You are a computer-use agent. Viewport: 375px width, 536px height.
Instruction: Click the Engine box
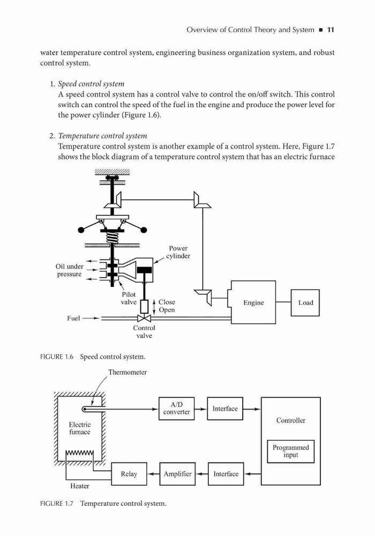(253, 302)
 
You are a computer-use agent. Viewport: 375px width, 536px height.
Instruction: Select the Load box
(305, 302)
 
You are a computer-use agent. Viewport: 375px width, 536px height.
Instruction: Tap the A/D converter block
(177, 408)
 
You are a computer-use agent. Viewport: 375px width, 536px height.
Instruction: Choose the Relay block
(129, 474)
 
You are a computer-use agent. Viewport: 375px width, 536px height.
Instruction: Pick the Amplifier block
(178, 474)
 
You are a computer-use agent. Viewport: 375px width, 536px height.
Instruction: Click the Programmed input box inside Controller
(291, 451)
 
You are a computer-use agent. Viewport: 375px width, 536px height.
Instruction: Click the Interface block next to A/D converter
(225, 408)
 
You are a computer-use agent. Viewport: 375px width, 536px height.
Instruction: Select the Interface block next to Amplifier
(226, 474)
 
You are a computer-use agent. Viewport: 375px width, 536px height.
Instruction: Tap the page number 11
(331, 29)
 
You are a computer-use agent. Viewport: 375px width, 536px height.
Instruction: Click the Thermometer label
(127, 373)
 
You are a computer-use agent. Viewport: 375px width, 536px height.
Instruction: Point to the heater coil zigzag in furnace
(80, 453)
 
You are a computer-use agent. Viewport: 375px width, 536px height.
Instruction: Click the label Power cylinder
(178, 252)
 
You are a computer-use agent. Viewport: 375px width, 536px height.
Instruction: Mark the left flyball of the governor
(81, 230)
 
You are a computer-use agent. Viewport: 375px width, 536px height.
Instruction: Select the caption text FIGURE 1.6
(57, 357)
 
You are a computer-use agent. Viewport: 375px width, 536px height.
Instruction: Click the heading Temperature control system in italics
(102, 136)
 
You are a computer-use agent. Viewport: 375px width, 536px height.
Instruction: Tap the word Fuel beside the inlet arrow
(73, 318)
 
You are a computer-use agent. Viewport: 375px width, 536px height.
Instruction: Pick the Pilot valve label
(129, 298)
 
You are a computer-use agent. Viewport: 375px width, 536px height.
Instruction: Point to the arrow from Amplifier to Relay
(153, 474)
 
